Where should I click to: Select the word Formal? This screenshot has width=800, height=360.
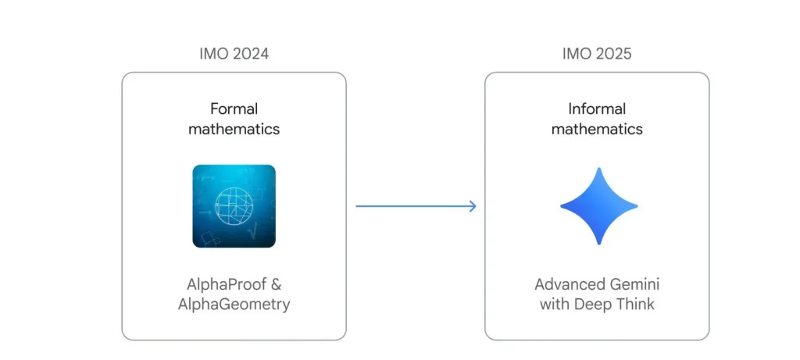click(234, 109)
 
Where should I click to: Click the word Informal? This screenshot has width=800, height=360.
click(597, 109)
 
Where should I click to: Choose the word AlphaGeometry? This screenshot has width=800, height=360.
click(234, 305)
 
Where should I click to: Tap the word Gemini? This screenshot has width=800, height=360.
click(634, 284)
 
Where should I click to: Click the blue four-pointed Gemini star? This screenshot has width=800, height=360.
click(599, 206)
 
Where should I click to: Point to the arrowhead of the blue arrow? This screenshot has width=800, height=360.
click(473, 206)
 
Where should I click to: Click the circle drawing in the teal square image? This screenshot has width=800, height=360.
click(234, 205)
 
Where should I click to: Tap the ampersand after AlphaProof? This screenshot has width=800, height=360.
click(276, 284)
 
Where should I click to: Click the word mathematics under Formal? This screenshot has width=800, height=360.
click(234, 129)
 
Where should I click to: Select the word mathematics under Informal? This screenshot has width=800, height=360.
click(597, 129)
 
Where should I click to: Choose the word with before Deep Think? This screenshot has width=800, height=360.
click(555, 305)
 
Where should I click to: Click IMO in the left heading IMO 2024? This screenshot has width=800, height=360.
click(211, 54)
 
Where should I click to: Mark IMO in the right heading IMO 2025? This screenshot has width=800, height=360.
click(573, 54)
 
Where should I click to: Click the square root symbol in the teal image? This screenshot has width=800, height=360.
click(253, 231)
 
